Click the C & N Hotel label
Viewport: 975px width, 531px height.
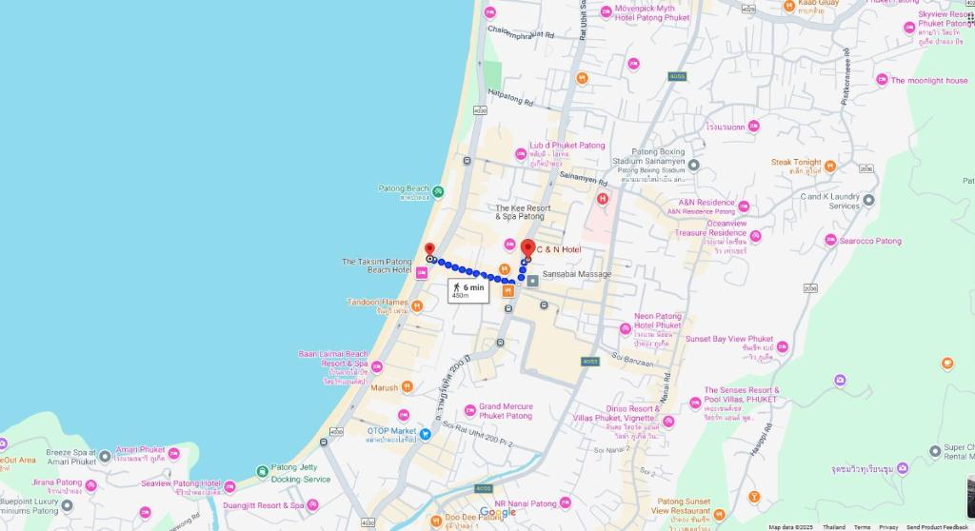point(558,249)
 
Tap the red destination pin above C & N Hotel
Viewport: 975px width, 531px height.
point(527,248)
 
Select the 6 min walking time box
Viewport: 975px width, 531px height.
point(468,290)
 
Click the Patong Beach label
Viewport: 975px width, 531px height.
point(405,189)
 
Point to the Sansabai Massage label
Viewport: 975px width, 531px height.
point(577,274)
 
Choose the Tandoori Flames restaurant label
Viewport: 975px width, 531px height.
point(378,303)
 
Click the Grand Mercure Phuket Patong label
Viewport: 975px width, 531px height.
point(506,411)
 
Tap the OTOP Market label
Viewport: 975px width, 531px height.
point(392,431)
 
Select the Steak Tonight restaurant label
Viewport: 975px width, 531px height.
point(796,163)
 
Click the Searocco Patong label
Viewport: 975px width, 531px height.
point(870,241)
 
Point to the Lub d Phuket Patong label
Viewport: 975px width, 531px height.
point(567,146)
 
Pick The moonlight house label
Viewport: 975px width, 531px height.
point(928,81)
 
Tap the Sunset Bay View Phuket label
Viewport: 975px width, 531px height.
point(729,339)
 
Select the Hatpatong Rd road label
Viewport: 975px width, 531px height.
point(510,98)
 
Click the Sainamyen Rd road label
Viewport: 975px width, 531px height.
point(584,178)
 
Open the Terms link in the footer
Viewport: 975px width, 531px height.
point(862,526)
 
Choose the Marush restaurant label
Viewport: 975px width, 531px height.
point(385,387)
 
